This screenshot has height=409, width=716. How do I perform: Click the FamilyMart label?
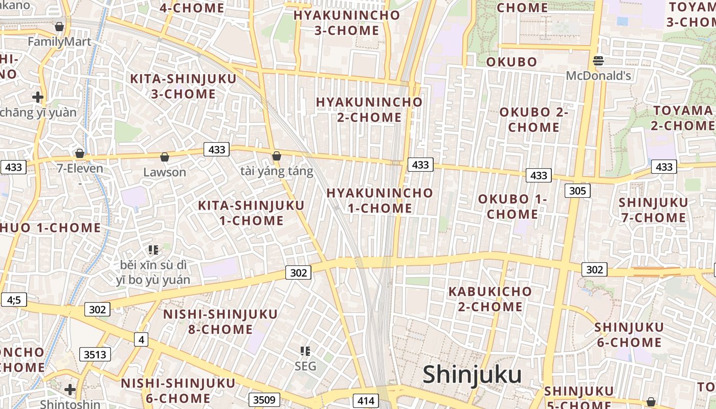[x=59, y=41]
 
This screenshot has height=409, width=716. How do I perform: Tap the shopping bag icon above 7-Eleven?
[x=80, y=153]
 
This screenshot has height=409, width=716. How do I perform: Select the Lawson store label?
[x=165, y=172]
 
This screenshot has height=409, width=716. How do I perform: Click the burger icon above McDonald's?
[x=598, y=61]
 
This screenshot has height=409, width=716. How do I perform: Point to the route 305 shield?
[x=577, y=191]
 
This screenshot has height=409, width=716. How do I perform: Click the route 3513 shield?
[x=95, y=354]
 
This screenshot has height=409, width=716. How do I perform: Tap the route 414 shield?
[x=366, y=401]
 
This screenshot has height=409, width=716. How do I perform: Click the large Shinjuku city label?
[x=472, y=375]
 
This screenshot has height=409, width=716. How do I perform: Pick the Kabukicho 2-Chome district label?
[x=490, y=299]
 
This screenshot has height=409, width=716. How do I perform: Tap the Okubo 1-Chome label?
[x=512, y=207]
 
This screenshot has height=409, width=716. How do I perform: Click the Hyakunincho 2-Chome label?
[x=369, y=109]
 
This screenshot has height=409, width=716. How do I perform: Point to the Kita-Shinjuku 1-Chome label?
[x=251, y=213]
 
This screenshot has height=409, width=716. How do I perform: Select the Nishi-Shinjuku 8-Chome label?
[x=220, y=321]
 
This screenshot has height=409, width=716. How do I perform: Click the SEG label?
[x=305, y=366]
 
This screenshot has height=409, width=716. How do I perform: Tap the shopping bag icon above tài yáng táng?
[x=277, y=156]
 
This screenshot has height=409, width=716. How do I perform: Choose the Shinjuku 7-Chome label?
[x=653, y=210]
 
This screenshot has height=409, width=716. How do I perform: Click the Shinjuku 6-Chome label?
[x=629, y=334]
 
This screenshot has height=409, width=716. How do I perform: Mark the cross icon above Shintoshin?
[x=70, y=390]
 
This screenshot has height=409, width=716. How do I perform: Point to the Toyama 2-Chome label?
[x=683, y=118]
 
